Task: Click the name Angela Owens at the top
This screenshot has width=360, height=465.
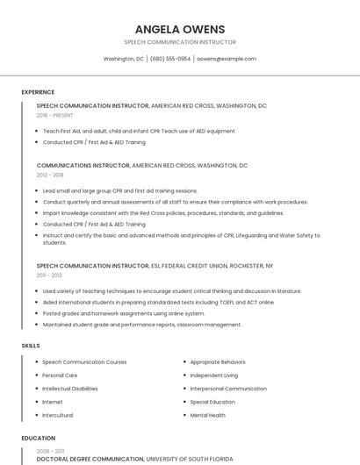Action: pyautogui.click(x=180, y=29)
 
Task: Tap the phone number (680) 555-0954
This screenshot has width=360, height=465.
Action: pyautogui.click(x=170, y=59)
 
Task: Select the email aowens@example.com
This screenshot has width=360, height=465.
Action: pyautogui.click(x=227, y=59)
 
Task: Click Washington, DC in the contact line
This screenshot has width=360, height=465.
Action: pyautogui.click(x=124, y=59)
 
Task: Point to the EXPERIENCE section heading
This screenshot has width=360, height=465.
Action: pyautogui.click(x=38, y=92)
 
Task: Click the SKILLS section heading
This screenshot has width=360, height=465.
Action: pyautogui.click(x=31, y=346)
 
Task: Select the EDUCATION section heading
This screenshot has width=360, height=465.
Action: pyautogui.click(x=39, y=438)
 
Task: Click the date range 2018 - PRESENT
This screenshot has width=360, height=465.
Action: pyautogui.click(x=55, y=115)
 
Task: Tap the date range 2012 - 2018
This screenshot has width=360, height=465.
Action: pyautogui.click(x=50, y=175)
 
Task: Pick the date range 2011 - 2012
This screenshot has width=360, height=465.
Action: pyautogui.click(x=49, y=275)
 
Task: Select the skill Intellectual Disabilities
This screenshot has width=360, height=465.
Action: pyautogui.click(x=70, y=389)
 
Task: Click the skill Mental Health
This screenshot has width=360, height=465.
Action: pyautogui.click(x=208, y=415)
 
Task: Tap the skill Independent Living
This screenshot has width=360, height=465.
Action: pyautogui.click(x=214, y=376)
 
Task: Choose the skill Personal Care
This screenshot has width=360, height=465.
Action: pyautogui.click(x=60, y=376)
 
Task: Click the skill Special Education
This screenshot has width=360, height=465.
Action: pyautogui.click(x=212, y=402)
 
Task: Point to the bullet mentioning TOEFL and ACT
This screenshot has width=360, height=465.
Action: pyautogui.click(x=158, y=302)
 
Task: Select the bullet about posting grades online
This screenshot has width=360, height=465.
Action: pyautogui.click(x=124, y=313)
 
